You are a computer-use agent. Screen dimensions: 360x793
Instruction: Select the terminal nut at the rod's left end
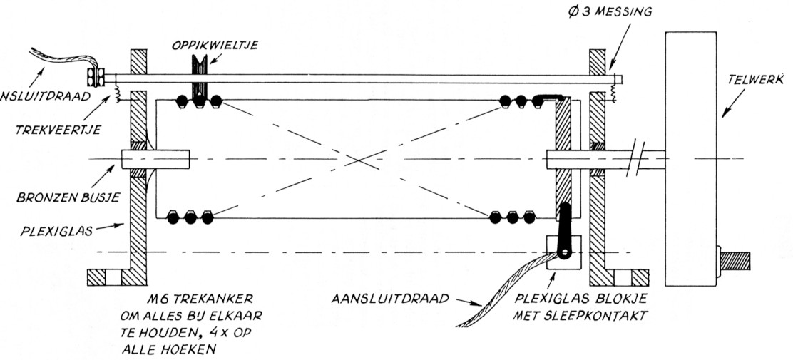(x=94, y=75)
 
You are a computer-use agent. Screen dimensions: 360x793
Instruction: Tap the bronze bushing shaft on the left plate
(x=155, y=157)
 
